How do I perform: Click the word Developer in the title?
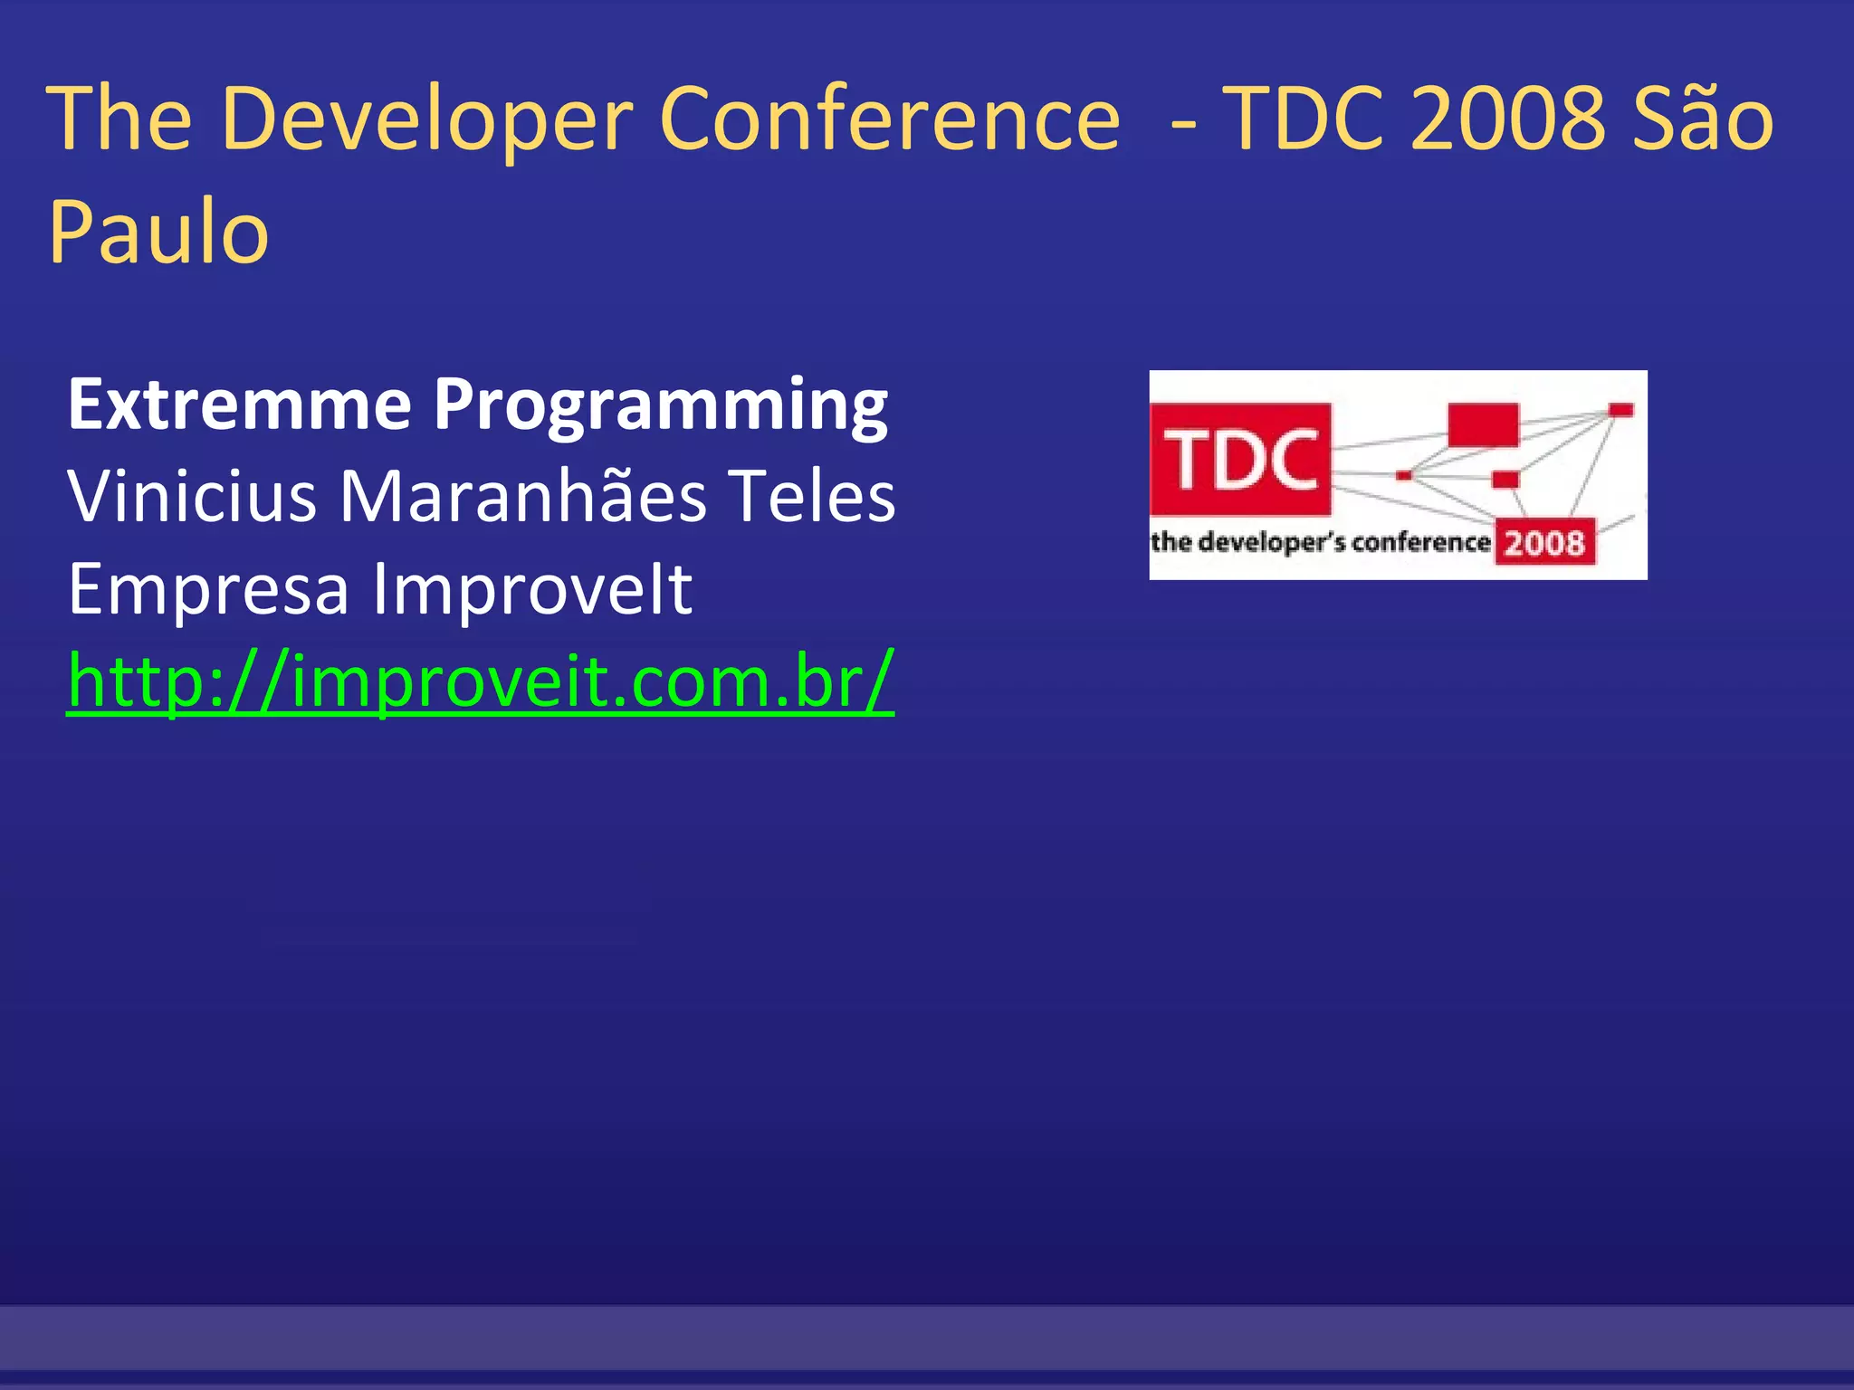425,120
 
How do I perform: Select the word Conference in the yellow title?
889,120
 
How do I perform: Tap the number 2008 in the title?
1507,120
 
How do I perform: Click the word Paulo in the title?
158,233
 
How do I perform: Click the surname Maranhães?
522,497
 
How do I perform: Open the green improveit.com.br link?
481,681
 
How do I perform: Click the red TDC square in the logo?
1240,459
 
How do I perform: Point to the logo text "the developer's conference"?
1320,542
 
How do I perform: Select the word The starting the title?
119,120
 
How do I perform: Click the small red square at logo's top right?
1620,411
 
